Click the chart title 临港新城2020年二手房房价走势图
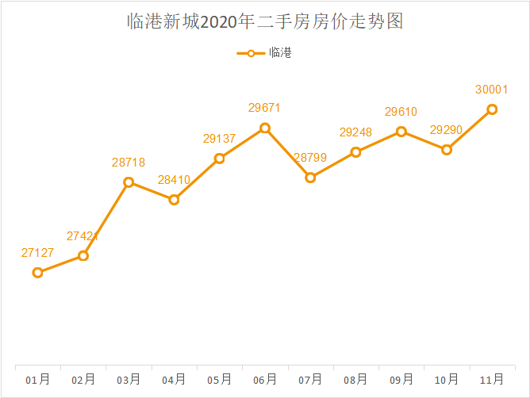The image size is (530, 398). point(265,21)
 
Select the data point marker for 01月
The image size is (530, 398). point(37,273)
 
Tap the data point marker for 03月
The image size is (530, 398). point(129,182)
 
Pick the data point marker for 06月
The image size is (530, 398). point(265,128)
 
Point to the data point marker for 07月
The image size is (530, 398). point(310,178)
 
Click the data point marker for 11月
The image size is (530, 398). point(492,109)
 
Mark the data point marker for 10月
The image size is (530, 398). point(447,150)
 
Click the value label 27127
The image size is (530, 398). point(37,253)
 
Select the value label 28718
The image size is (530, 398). point(129,163)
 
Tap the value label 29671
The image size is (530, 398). point(265,108)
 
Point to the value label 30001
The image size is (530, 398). point(492,90)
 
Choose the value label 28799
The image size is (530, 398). point(310,158)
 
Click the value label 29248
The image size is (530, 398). point(355,132)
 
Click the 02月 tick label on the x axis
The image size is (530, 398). point(83,380)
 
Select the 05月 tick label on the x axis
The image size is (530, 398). point(219,380)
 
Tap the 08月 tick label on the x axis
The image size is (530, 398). point(355,380)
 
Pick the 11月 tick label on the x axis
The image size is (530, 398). point(492,380)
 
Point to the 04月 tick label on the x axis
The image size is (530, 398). point(174,380)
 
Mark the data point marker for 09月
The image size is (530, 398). point(401,132)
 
